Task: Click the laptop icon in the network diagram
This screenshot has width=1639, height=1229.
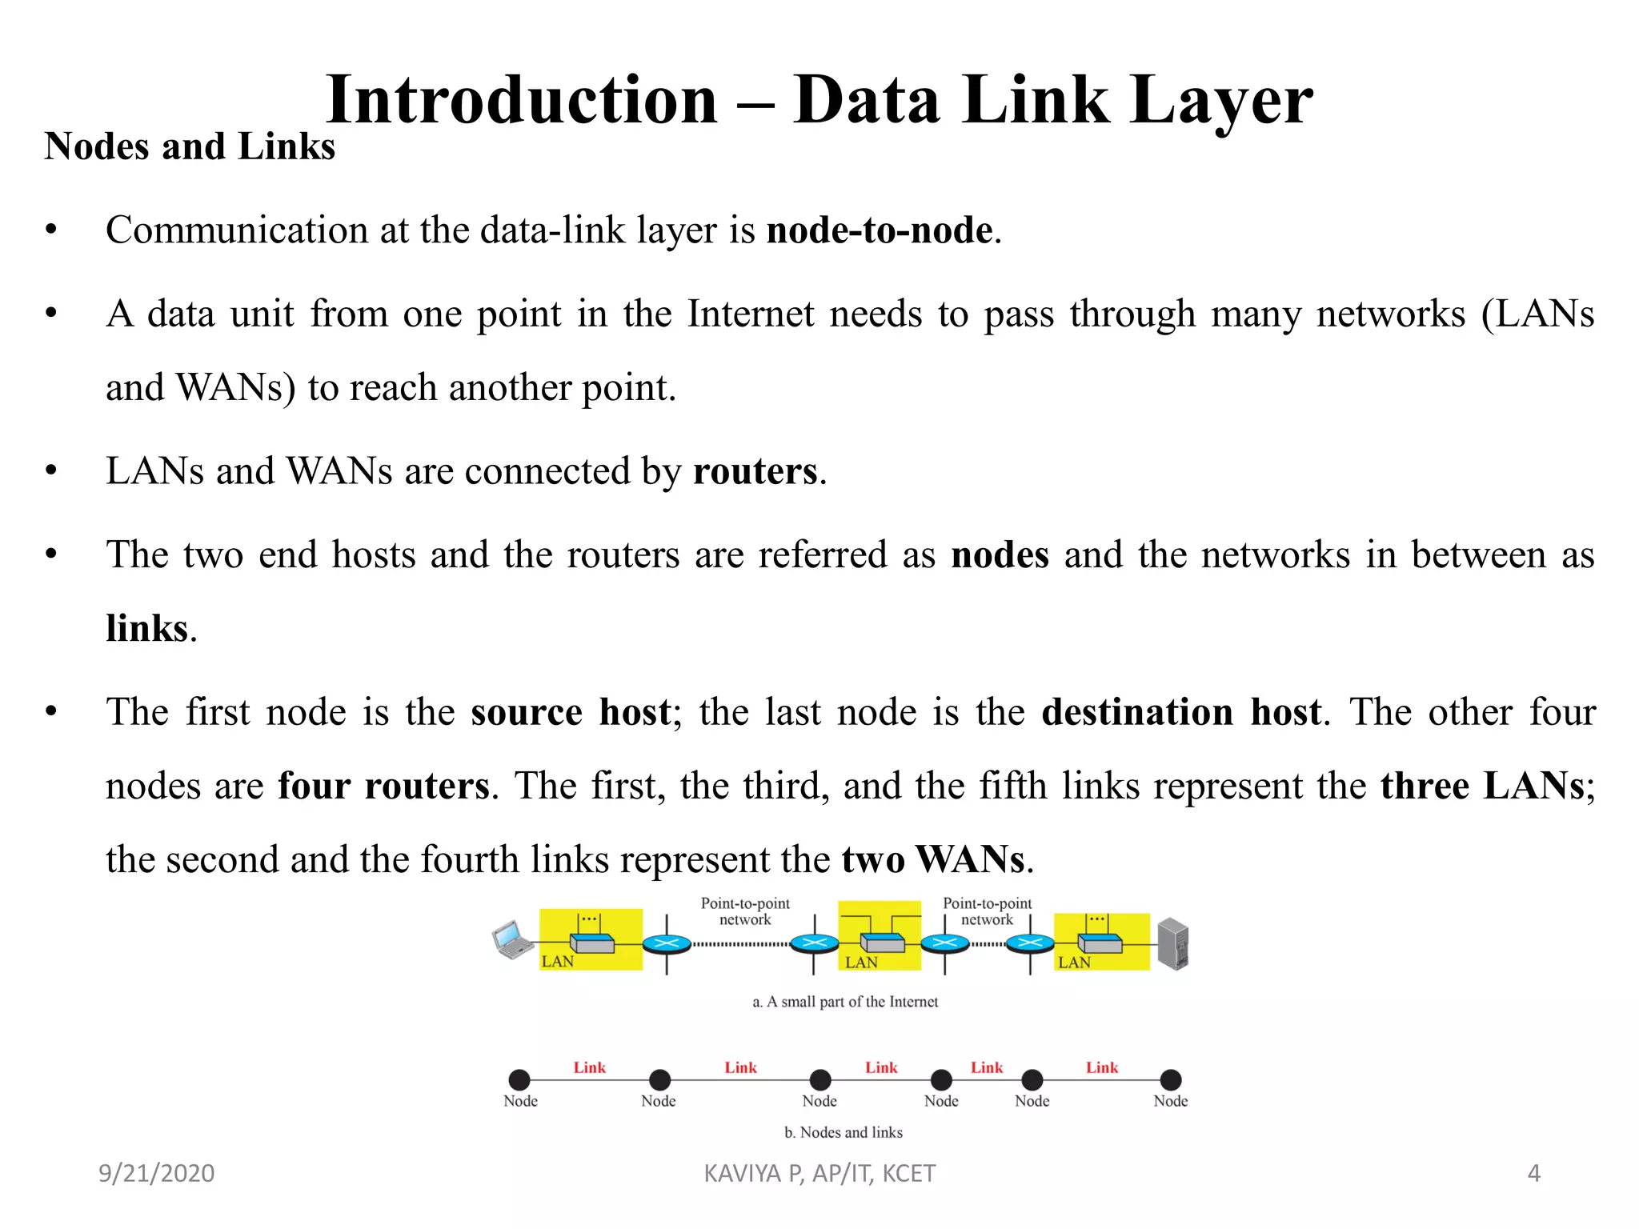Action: click(512, 940)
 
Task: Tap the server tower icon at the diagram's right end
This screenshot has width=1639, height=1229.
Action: click(1172, 943)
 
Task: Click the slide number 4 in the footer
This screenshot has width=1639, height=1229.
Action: click(1533, 1173)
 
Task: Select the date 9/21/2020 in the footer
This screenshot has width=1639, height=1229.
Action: click(156, 1173)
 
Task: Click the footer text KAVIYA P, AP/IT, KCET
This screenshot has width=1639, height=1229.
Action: click(819, 1173)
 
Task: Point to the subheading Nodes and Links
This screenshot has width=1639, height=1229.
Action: click(190, 147)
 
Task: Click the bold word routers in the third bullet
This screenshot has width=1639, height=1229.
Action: click(755, 471)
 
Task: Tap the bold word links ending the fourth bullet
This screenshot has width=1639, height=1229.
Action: click(146, 629)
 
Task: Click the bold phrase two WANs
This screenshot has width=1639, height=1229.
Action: click(932, 860)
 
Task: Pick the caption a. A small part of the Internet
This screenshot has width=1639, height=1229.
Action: click(845, 1002)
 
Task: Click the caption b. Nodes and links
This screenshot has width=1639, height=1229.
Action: click(843, 1132)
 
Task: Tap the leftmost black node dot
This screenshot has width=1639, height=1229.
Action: click(519, 1080)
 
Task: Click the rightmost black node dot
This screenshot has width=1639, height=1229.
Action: click(1170, 1080)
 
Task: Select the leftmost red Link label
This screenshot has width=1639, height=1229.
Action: click(589, 1067)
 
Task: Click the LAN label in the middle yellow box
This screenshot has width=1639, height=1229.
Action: click(861, 963)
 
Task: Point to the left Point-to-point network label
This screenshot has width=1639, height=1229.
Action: click(744, 911)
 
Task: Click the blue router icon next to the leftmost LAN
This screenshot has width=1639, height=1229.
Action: click(667, 944)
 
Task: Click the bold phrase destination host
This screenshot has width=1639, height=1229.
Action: click(1180, 712)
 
